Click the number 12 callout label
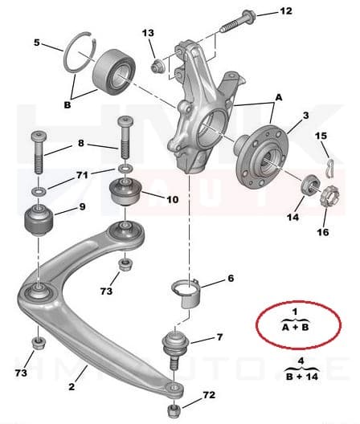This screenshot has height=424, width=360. [x=286, y=10]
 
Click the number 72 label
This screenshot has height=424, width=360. [x=208, y=396]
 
